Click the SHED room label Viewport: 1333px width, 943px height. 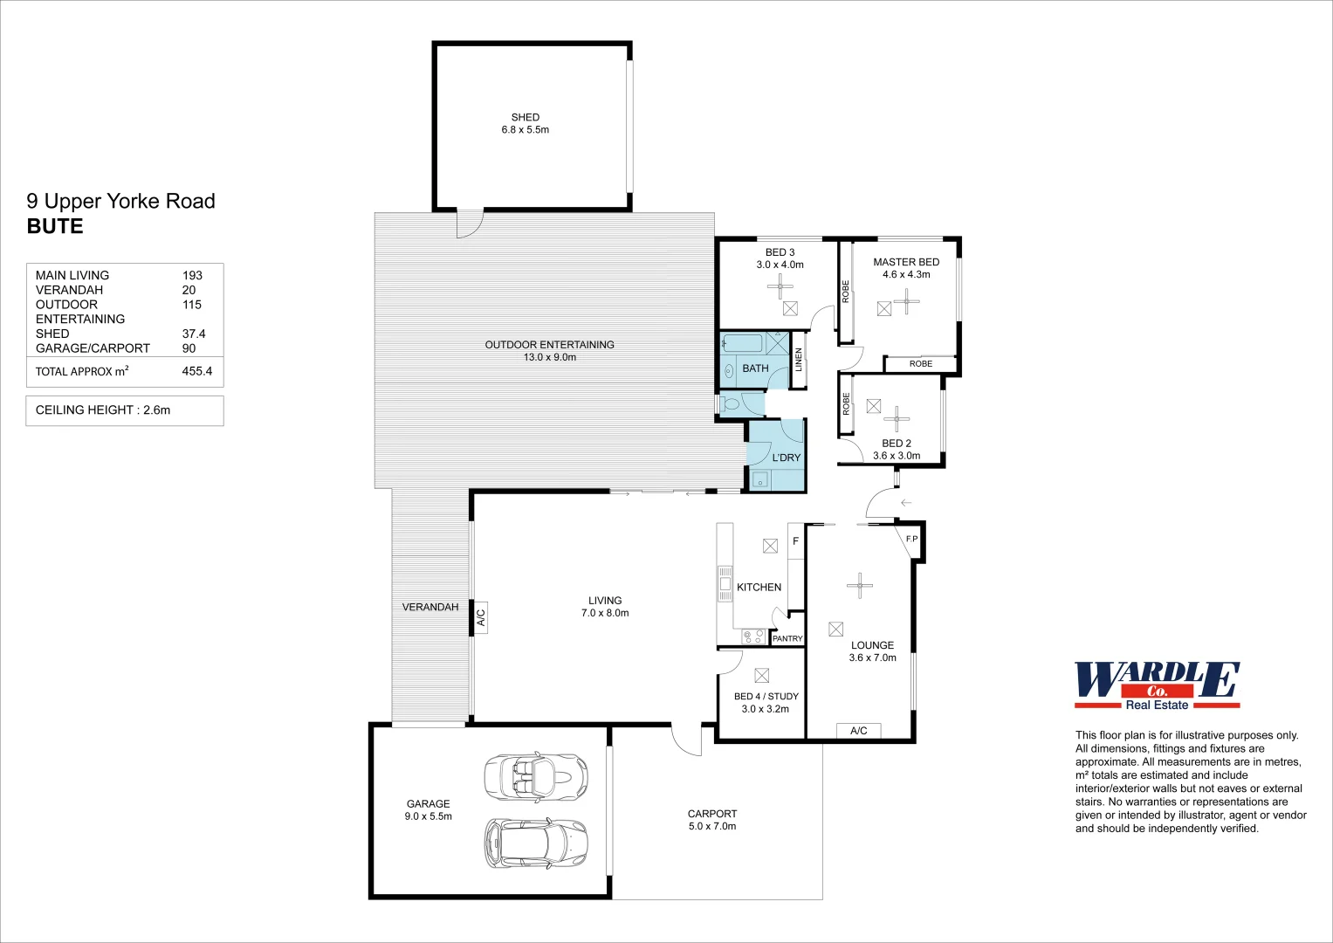(x=525, y=117)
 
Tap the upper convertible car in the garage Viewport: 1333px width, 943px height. (x=535, y=774)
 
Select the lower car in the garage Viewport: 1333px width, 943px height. (x=535, y=843)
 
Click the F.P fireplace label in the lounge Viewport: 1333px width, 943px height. (x=911, y=540)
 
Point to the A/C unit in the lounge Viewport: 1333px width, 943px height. (x=858, y=731)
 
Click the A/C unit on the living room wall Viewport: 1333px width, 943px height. (x=480, y=616)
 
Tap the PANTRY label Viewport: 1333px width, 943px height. (x=787, y=639)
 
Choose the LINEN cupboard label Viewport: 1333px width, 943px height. (x=798, y=360)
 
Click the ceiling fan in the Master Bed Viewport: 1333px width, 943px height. (x=906, y=301)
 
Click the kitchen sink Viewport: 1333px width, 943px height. (x=725, y=583)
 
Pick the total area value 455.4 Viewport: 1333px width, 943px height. (x=196, y=371)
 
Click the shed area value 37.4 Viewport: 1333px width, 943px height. (x=194, y=334)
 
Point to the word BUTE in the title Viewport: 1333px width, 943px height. (x=55, y=226)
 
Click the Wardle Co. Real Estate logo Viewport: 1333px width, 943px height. (x=1157, y=685)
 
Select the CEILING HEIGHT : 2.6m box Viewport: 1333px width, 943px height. (x=125, y=410)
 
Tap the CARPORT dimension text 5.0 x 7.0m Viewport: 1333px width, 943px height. (x=711, y=826)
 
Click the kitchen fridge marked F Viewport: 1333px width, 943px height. (x=795, y=541)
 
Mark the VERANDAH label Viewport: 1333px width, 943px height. (x=429, y=607)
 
